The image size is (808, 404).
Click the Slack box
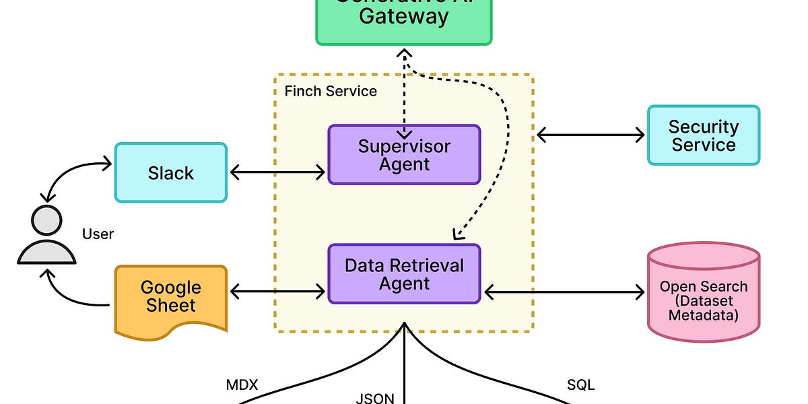point(170,172)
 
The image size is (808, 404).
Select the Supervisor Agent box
point(404,155)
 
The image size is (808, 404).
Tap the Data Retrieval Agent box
point(404,274)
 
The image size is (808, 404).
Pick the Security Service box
point(703,135)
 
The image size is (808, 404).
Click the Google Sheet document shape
point(170,297)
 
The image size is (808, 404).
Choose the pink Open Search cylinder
point(703,293)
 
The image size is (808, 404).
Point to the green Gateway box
point(403,20)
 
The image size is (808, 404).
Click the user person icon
point(46,236)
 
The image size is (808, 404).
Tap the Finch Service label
point(331,91)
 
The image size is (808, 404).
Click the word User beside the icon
point(98,234)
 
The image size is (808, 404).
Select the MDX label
point(242,386)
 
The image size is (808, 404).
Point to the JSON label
point(375,397)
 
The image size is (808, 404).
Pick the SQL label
point(581,386)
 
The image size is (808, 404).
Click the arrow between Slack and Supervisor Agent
point(277,172)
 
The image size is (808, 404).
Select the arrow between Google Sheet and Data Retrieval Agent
point(277,292)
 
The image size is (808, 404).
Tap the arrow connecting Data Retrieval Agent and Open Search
point(564,292)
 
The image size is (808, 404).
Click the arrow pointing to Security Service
point(591,135)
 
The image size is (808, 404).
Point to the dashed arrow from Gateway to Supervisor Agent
point(404,94)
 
